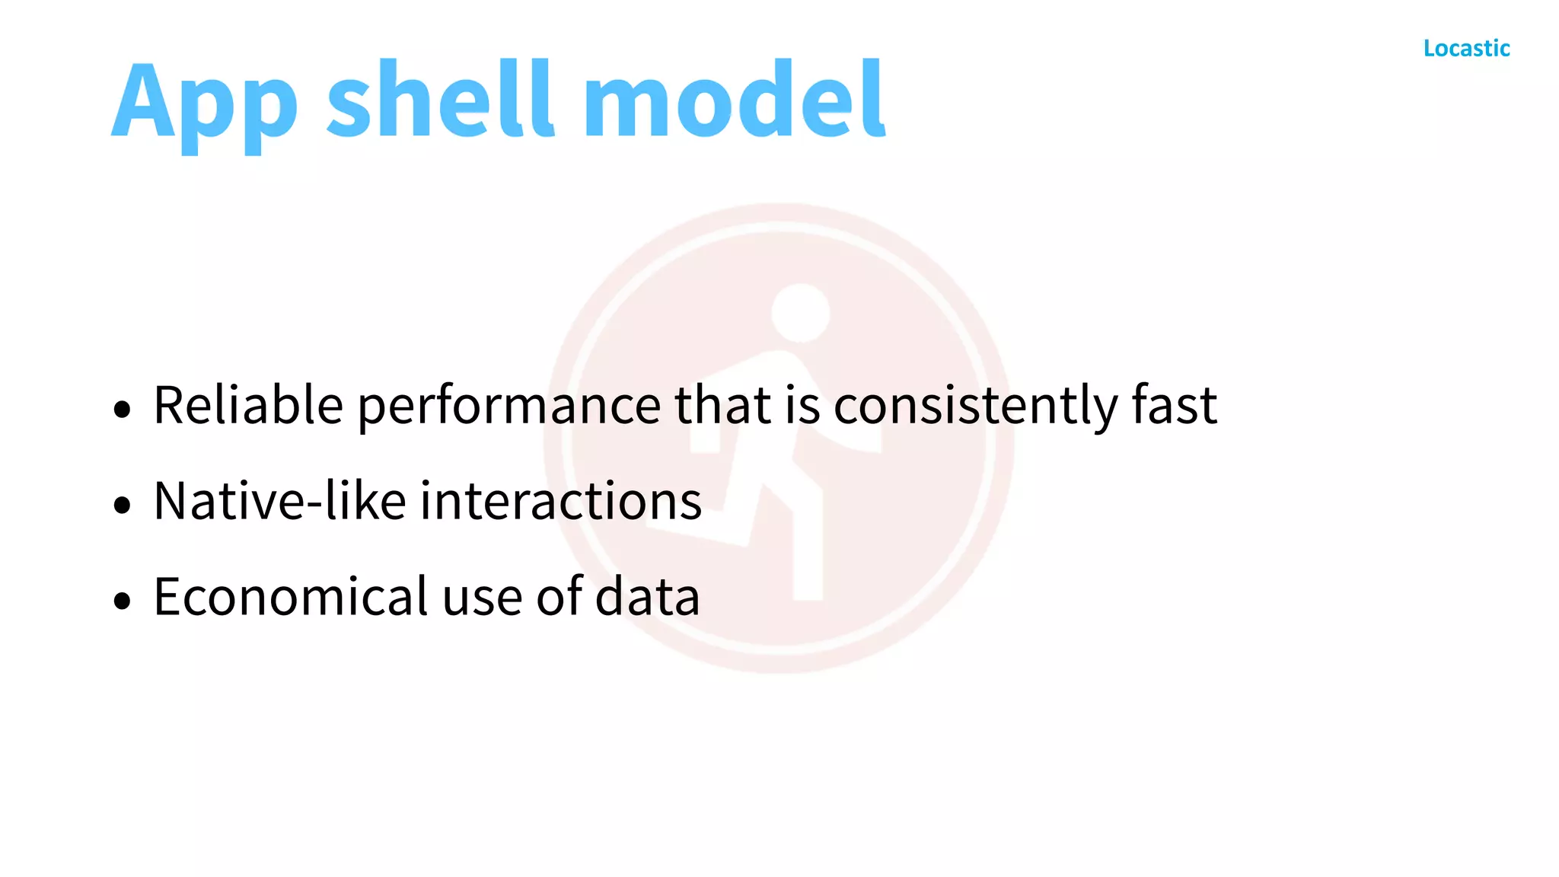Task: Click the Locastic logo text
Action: point(1466,49)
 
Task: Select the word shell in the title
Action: point(439,99)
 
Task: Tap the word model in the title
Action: point(734,99)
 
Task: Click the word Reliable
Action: point(248,405)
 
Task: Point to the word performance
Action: point(509,407)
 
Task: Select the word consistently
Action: point(975,407)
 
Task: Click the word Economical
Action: point(291,597)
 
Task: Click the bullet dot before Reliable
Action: point(122,410)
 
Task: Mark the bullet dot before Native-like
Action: point(122,505)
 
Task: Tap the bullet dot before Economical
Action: point(122,601)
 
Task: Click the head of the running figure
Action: point(800,313)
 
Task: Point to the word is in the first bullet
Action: point(802,405)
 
